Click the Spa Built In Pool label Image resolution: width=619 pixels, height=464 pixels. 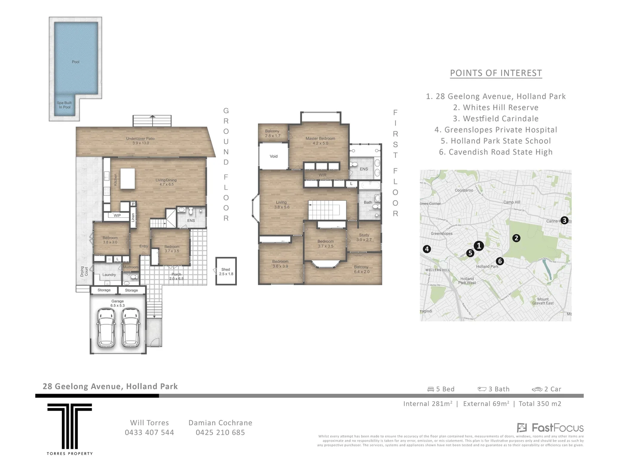64,105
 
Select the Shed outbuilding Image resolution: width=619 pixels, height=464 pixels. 226,271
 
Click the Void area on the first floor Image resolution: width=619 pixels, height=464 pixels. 273,156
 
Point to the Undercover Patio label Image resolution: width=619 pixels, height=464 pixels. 140,140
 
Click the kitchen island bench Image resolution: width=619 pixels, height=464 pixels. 128,179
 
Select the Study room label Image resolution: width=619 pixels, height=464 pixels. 364,237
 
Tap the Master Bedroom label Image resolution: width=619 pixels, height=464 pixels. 320,140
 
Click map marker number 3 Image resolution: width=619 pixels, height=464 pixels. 564,220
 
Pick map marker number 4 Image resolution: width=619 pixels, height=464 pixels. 426,249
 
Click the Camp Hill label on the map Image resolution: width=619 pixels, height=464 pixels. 512,202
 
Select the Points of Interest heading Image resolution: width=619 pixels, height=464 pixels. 496,73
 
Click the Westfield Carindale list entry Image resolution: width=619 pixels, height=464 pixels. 496,119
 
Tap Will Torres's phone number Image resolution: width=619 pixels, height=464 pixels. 149,433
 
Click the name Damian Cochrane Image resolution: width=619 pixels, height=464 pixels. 220,423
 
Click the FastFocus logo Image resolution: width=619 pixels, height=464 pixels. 550,427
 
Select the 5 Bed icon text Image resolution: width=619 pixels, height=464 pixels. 441,389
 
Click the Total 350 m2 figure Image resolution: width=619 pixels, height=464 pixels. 540,403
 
